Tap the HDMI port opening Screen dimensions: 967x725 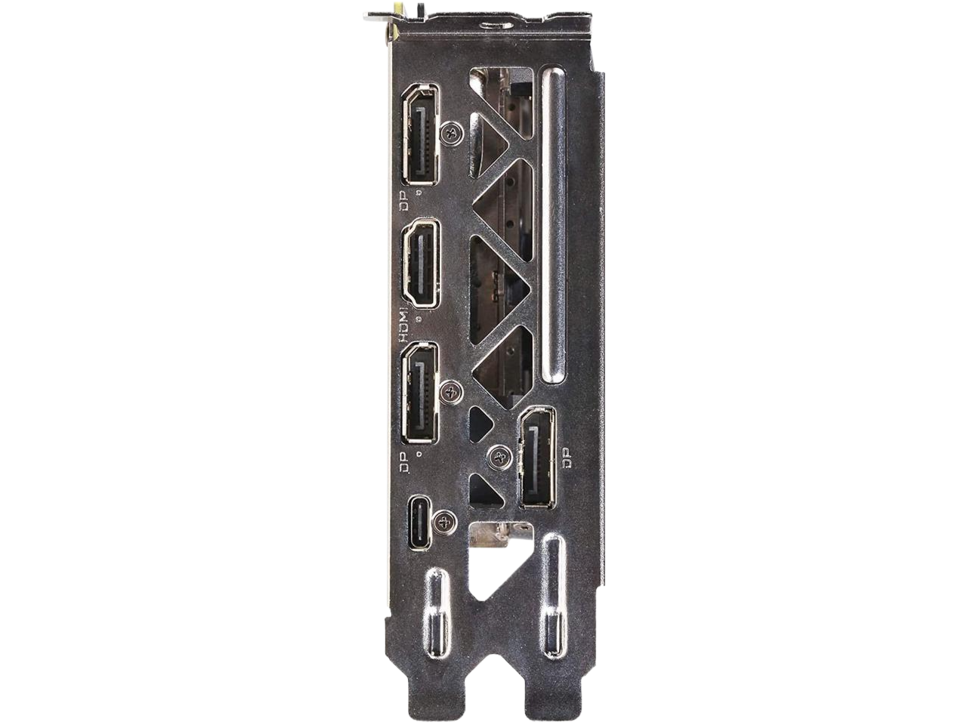point(420,263)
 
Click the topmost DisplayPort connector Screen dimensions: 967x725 point(420,134)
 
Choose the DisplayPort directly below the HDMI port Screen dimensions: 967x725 point(420,392)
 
